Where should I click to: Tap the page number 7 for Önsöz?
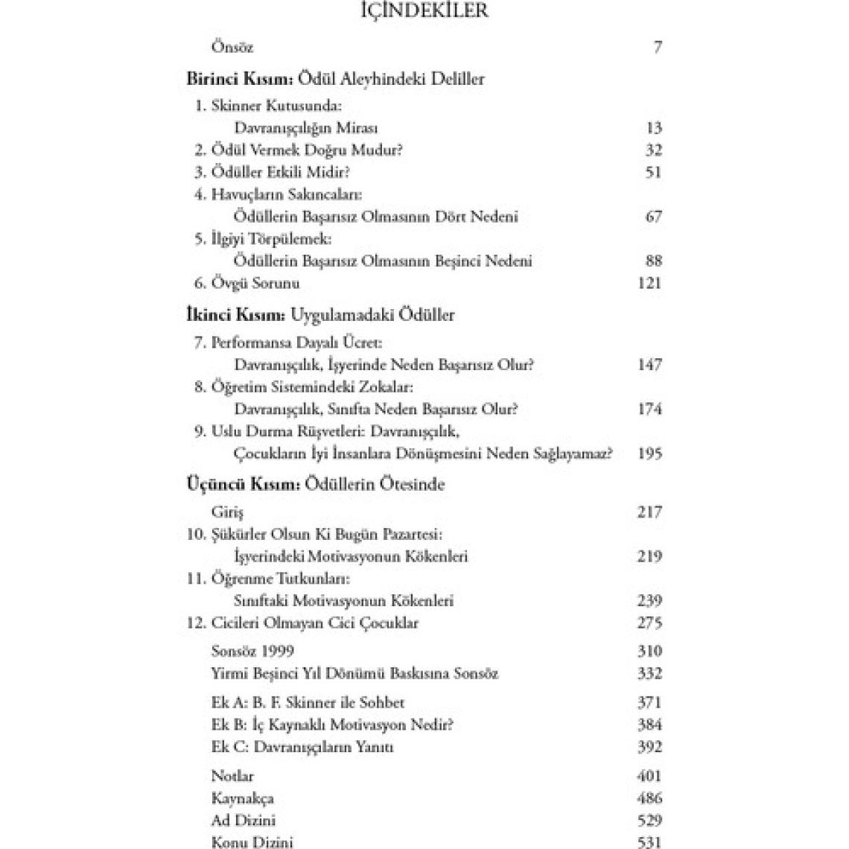pos(657,48)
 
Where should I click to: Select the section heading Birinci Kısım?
pos(240,79)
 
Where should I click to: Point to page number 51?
pos(653,172)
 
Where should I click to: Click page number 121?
pos(650,283)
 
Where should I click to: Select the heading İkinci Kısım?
pos(235,315)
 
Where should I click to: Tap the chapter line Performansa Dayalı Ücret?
pos(296,343)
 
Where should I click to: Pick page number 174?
pos(650,409)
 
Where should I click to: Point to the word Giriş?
pos(227,512)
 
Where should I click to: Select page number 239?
pos(650,601)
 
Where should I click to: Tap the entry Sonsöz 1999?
pos(252,652)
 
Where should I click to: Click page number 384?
pos(650,725)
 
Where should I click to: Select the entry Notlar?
pos(232,776)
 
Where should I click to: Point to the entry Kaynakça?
pos(243,798)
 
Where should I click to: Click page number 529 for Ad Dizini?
pos(650,821)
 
